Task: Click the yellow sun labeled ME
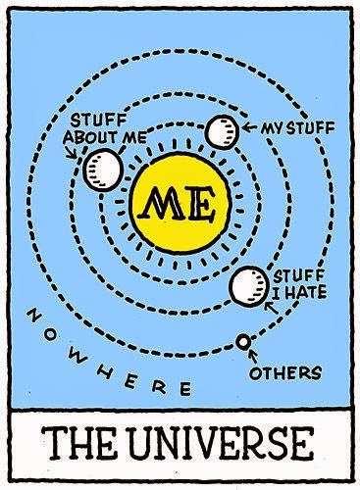pos(180,204)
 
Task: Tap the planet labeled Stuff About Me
pos(103,170)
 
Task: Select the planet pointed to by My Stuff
pos(222,131)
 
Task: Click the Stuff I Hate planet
pos(249,286)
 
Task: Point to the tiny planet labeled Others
pos(243,342)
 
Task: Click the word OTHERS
pos(285,372)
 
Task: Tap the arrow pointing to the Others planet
pos(253,356)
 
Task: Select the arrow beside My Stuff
pos(250,127)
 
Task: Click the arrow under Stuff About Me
pos(71,152)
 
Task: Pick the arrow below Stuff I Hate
pos(271,308)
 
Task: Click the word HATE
pos(306,291)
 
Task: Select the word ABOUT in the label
pos(90,137)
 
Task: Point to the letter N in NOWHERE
pos(33,315)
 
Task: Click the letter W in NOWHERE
pos(79,359)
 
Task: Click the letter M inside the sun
pos(161,204)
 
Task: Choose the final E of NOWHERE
pos(185,389)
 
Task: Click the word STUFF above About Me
pos(98,121)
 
